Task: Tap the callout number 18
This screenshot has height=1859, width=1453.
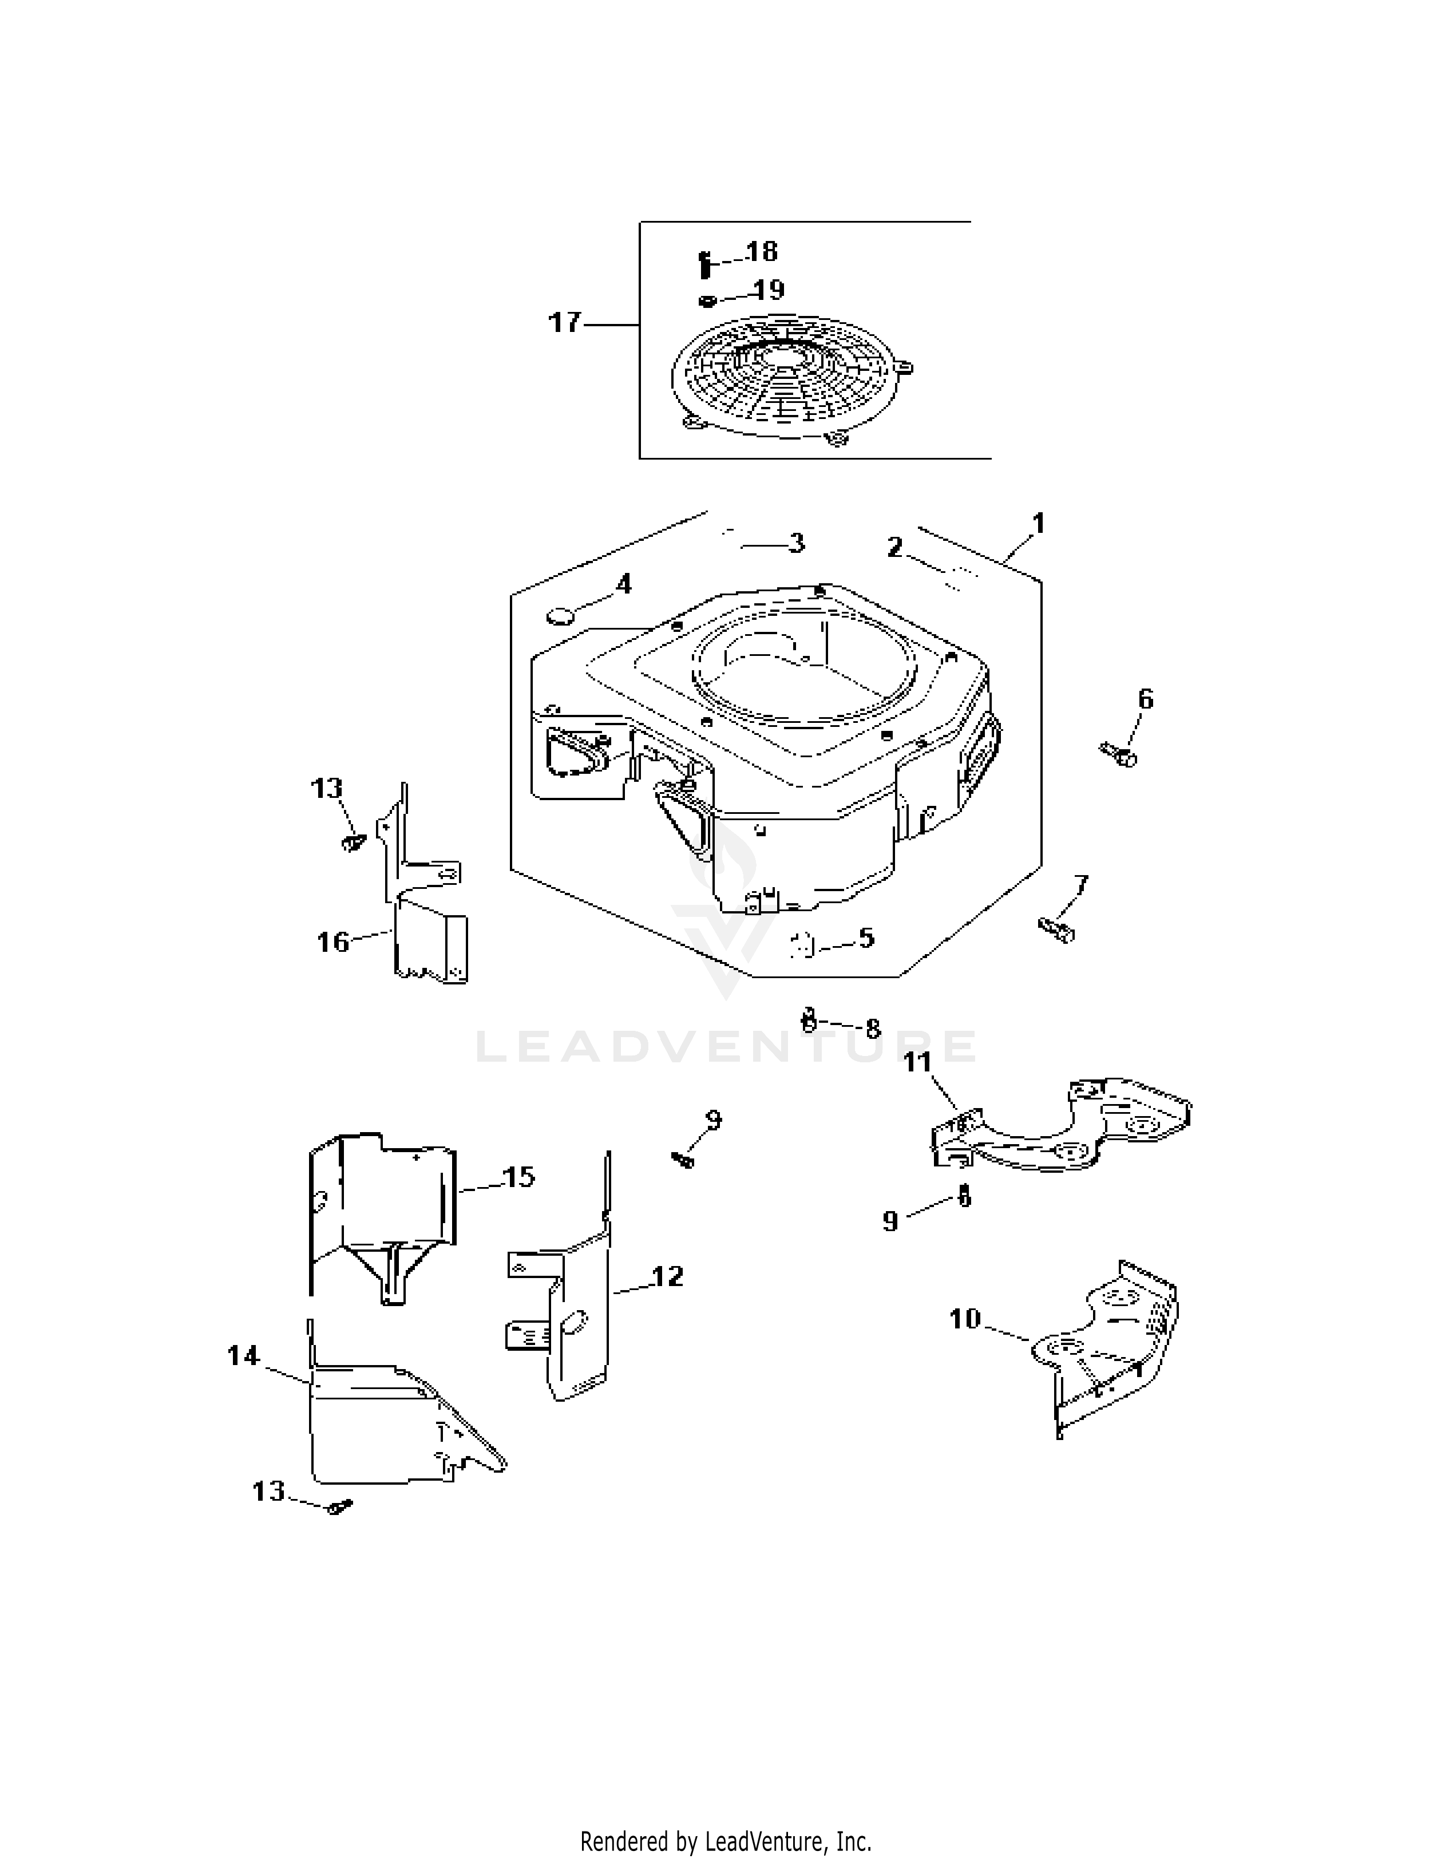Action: click(x=762, y=251)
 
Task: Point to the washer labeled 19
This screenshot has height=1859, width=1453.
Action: click(x=707, y=300)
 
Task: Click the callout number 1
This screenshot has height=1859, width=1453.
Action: click(x=1038, y=524)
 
